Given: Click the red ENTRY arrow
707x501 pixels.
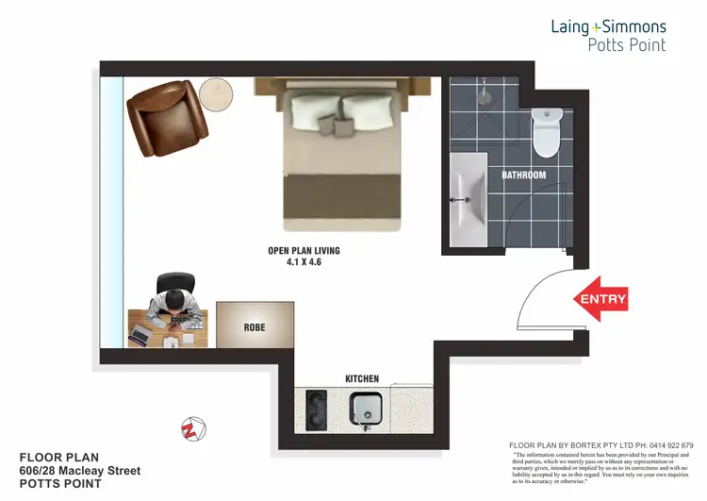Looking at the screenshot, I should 600,299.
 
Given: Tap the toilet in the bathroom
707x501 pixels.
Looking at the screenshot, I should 547,132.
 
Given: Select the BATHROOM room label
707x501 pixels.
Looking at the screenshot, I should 523,175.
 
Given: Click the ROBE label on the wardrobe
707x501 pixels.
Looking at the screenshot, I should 255,328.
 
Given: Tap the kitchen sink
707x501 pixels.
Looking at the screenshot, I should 365,407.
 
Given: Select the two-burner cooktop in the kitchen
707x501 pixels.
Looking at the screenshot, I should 316,407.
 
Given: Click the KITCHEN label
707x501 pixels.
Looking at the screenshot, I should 362,379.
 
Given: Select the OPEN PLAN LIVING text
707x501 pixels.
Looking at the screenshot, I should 304,251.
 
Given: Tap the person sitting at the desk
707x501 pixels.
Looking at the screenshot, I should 175,301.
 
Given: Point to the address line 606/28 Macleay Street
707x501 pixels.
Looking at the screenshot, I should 80,470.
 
